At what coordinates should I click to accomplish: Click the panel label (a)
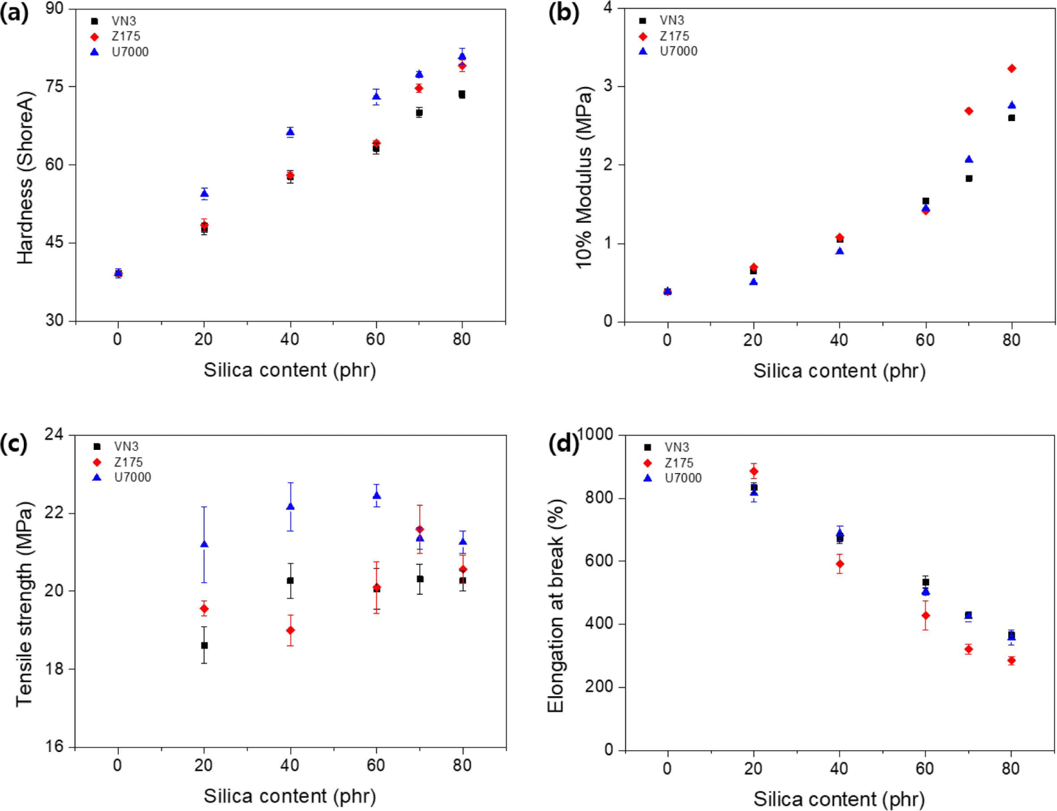14,13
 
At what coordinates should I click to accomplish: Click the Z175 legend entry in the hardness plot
117,36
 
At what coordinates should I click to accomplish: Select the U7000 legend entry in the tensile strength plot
122,477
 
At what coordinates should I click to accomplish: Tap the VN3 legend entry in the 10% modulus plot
662,20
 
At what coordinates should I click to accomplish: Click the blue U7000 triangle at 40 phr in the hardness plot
290,132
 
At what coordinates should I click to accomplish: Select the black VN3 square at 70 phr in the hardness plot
419,113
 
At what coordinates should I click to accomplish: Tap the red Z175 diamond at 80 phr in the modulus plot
1012,69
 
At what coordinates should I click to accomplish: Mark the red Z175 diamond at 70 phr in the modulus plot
969,111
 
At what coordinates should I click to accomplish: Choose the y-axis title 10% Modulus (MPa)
584,177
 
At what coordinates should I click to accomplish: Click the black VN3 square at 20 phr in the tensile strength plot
204,645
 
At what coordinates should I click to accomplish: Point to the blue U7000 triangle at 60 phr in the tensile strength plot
376,496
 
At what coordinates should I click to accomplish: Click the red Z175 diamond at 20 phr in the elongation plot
754,471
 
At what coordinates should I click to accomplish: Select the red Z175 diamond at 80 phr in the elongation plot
1012,660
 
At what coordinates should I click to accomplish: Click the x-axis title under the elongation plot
839,799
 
